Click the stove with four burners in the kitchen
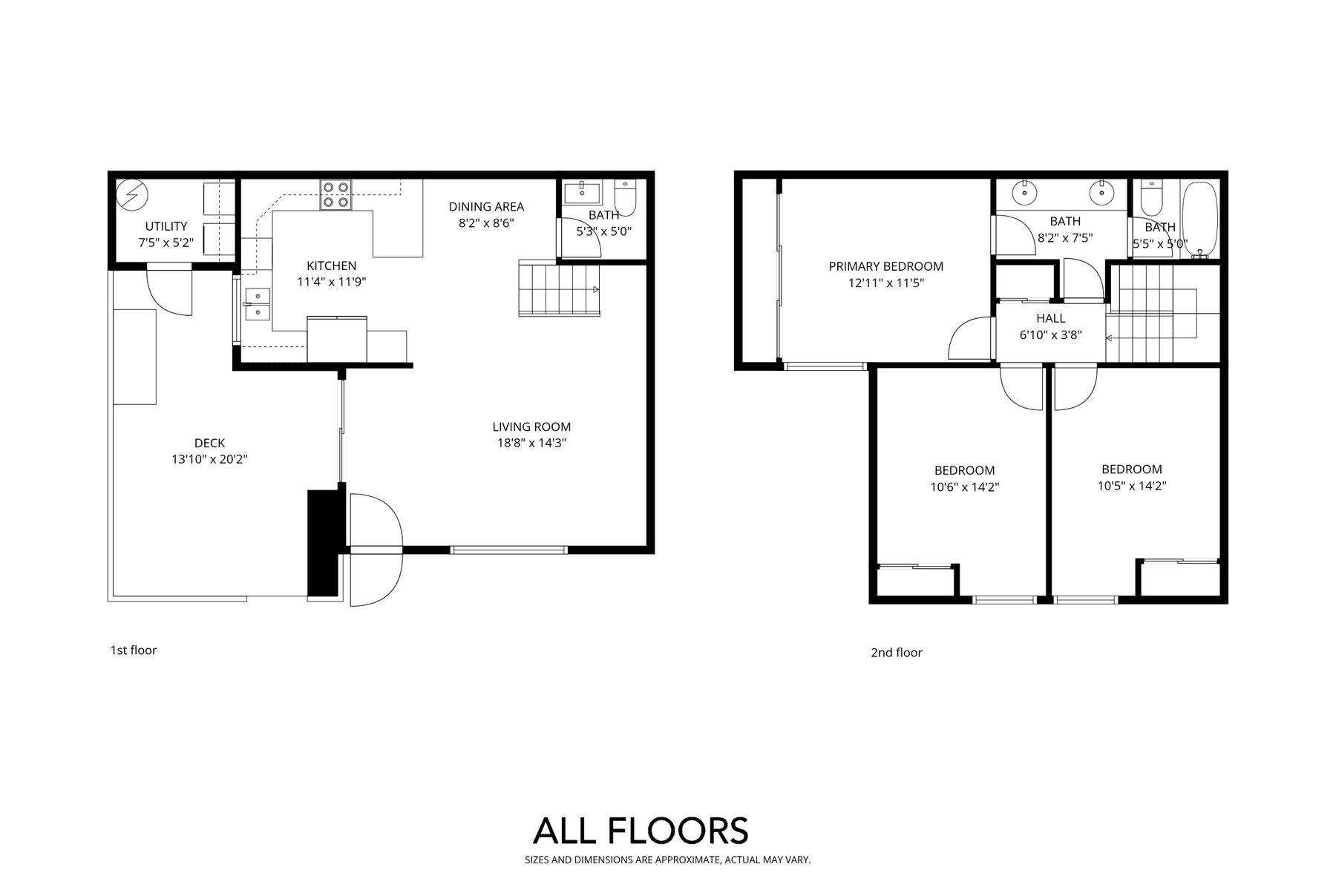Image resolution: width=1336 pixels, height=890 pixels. pos(335,194)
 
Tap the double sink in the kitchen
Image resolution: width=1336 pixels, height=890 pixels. pos(257,303)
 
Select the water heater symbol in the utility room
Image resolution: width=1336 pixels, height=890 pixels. pos(133,195)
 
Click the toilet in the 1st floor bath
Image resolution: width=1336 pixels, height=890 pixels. pos(624,195)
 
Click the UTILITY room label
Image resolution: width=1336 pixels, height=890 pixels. pos(166,226)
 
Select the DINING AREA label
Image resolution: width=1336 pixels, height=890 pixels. pos(486,207)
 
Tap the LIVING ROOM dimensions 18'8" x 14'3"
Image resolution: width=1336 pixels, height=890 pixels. pos(531,444)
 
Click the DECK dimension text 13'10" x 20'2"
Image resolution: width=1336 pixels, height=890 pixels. pos(209,459)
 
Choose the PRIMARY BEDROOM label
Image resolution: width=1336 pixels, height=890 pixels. pos(886,266)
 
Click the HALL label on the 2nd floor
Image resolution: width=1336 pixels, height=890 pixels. pos(1051,318)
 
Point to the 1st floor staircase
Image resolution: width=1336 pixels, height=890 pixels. pos(559,289)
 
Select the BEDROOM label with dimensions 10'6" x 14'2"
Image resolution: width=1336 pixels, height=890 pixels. pos(965,470)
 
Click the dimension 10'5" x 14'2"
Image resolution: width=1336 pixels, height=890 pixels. pos(1132,486)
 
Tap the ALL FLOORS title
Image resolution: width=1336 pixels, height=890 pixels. pos(641,831)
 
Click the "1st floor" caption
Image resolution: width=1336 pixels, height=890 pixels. pos(134,650)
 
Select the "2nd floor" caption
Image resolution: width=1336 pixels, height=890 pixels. pos(897,653)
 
